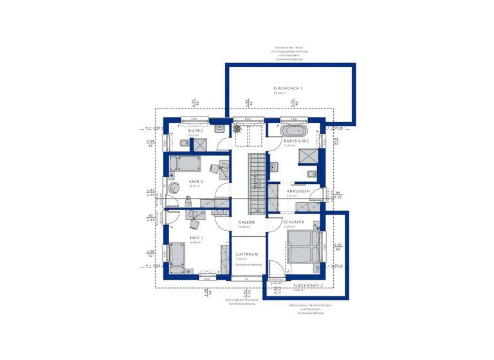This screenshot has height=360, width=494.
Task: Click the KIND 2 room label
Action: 196,182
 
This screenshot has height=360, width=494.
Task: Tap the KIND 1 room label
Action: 196,238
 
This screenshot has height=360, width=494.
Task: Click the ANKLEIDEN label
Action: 298,191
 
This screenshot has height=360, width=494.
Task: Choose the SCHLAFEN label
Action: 294,222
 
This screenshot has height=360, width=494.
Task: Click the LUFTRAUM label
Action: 246,254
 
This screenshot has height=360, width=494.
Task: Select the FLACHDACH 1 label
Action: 288,87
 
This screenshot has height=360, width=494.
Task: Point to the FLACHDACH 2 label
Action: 308,284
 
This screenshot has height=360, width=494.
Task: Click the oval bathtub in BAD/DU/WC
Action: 293,130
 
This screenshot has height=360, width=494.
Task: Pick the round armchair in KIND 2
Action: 174,188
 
